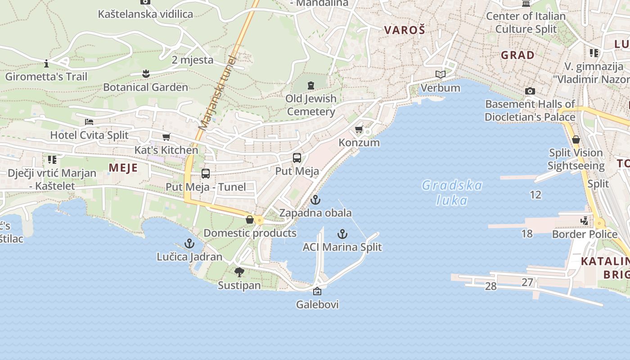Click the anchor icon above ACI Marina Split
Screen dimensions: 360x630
coord(342,234)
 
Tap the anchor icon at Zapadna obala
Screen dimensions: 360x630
coord(315,200)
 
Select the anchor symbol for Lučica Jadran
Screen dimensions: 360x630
coord(189,244)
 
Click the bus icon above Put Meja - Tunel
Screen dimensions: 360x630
coord(206,174)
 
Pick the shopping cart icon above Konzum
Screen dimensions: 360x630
coord(359,130)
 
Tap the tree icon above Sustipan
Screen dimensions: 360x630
coord(239,272)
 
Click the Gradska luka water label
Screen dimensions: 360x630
coord(452,192)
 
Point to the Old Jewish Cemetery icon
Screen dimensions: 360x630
coord(310,85)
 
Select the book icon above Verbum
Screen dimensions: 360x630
coord(441,74)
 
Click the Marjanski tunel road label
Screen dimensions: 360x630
coord(217,93)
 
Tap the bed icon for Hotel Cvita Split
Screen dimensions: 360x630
coord(89,122)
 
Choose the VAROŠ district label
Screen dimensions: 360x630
coord(405,30)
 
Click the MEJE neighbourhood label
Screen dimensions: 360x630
coord(123,168)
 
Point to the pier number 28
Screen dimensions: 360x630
coord(490,286)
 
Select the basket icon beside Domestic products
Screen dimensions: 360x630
coord(250,220)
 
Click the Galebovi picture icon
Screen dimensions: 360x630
coord(317,292)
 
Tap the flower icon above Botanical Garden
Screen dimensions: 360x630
coord(145,73)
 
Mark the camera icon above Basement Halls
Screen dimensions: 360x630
coord(530,91)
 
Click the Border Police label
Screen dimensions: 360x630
coord(585,234)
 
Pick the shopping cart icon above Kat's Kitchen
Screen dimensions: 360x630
coord(166,137)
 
